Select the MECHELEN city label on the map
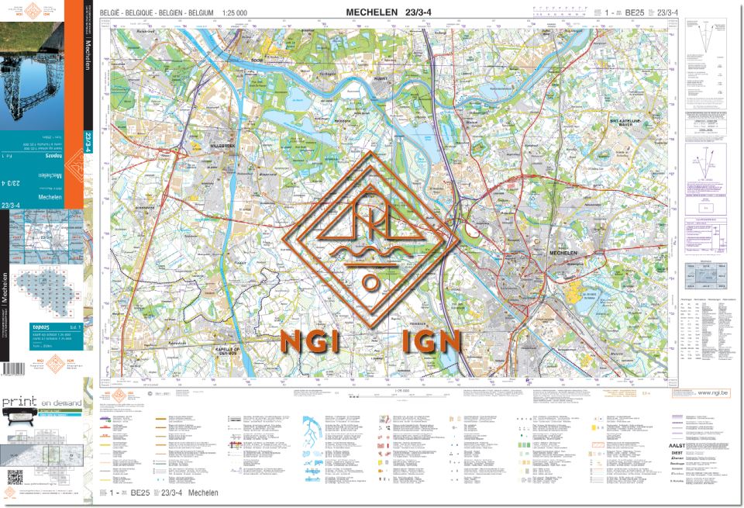(x=566, y=254)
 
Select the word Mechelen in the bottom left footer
(x=202, y=493)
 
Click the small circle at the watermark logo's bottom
(x=372, y=282)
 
